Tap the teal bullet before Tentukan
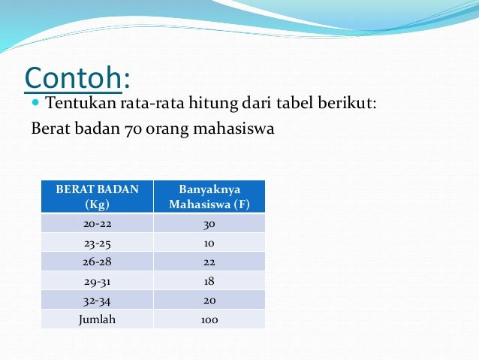[37, 101]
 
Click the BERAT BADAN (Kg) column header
[97, 196]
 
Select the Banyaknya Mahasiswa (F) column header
[209, 196]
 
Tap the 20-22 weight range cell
[97, 223]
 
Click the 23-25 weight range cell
[97, 243]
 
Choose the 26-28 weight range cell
[97, 262]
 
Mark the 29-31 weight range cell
[97, 281]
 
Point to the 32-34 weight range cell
[97, 300]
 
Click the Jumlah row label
[97, 319]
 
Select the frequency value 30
[209, 223]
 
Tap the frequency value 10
[209, 243]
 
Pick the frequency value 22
[209, 262]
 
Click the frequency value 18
[209, 281]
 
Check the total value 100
[209, 319]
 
